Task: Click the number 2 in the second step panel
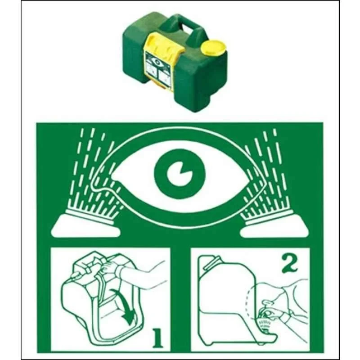click(289, 264)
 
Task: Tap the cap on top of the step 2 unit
click(209, 261)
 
